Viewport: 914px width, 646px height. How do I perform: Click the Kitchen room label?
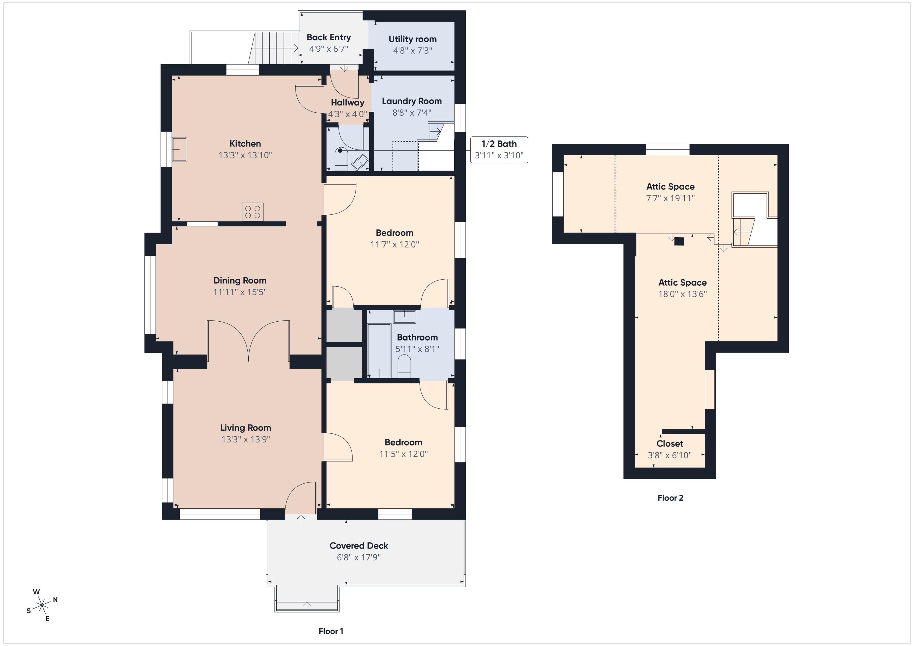(x=245, y=144)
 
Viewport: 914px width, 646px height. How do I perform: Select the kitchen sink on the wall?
(x=179, y=149)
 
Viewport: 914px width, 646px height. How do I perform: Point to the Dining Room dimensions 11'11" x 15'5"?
(x=240, y=292)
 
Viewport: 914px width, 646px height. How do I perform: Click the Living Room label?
(x=246, y=428)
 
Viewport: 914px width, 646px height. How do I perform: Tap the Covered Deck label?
(x=359, y=546)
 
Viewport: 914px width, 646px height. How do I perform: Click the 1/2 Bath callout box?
(x=499, y=150)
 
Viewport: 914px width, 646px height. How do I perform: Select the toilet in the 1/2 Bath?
(x=341, y=160)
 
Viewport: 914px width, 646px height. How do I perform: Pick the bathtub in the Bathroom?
(x=379, y=351)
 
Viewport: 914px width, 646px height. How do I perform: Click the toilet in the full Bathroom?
(x=404, y=366)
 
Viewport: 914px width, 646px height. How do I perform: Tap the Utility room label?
(x=413, y=39)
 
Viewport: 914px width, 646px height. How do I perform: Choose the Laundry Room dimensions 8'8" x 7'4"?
(x=412, y=113)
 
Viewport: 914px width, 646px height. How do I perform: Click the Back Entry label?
(x=329, y=37)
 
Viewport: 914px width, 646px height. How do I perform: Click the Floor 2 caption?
(x=670, y=498)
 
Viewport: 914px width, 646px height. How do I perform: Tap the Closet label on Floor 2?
(x=670, y=444)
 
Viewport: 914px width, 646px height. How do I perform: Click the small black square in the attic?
(x=679, y=241)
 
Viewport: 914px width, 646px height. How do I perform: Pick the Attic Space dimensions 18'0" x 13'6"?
(x=683, y=294)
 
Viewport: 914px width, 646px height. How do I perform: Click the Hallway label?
(x=348, y=103)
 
